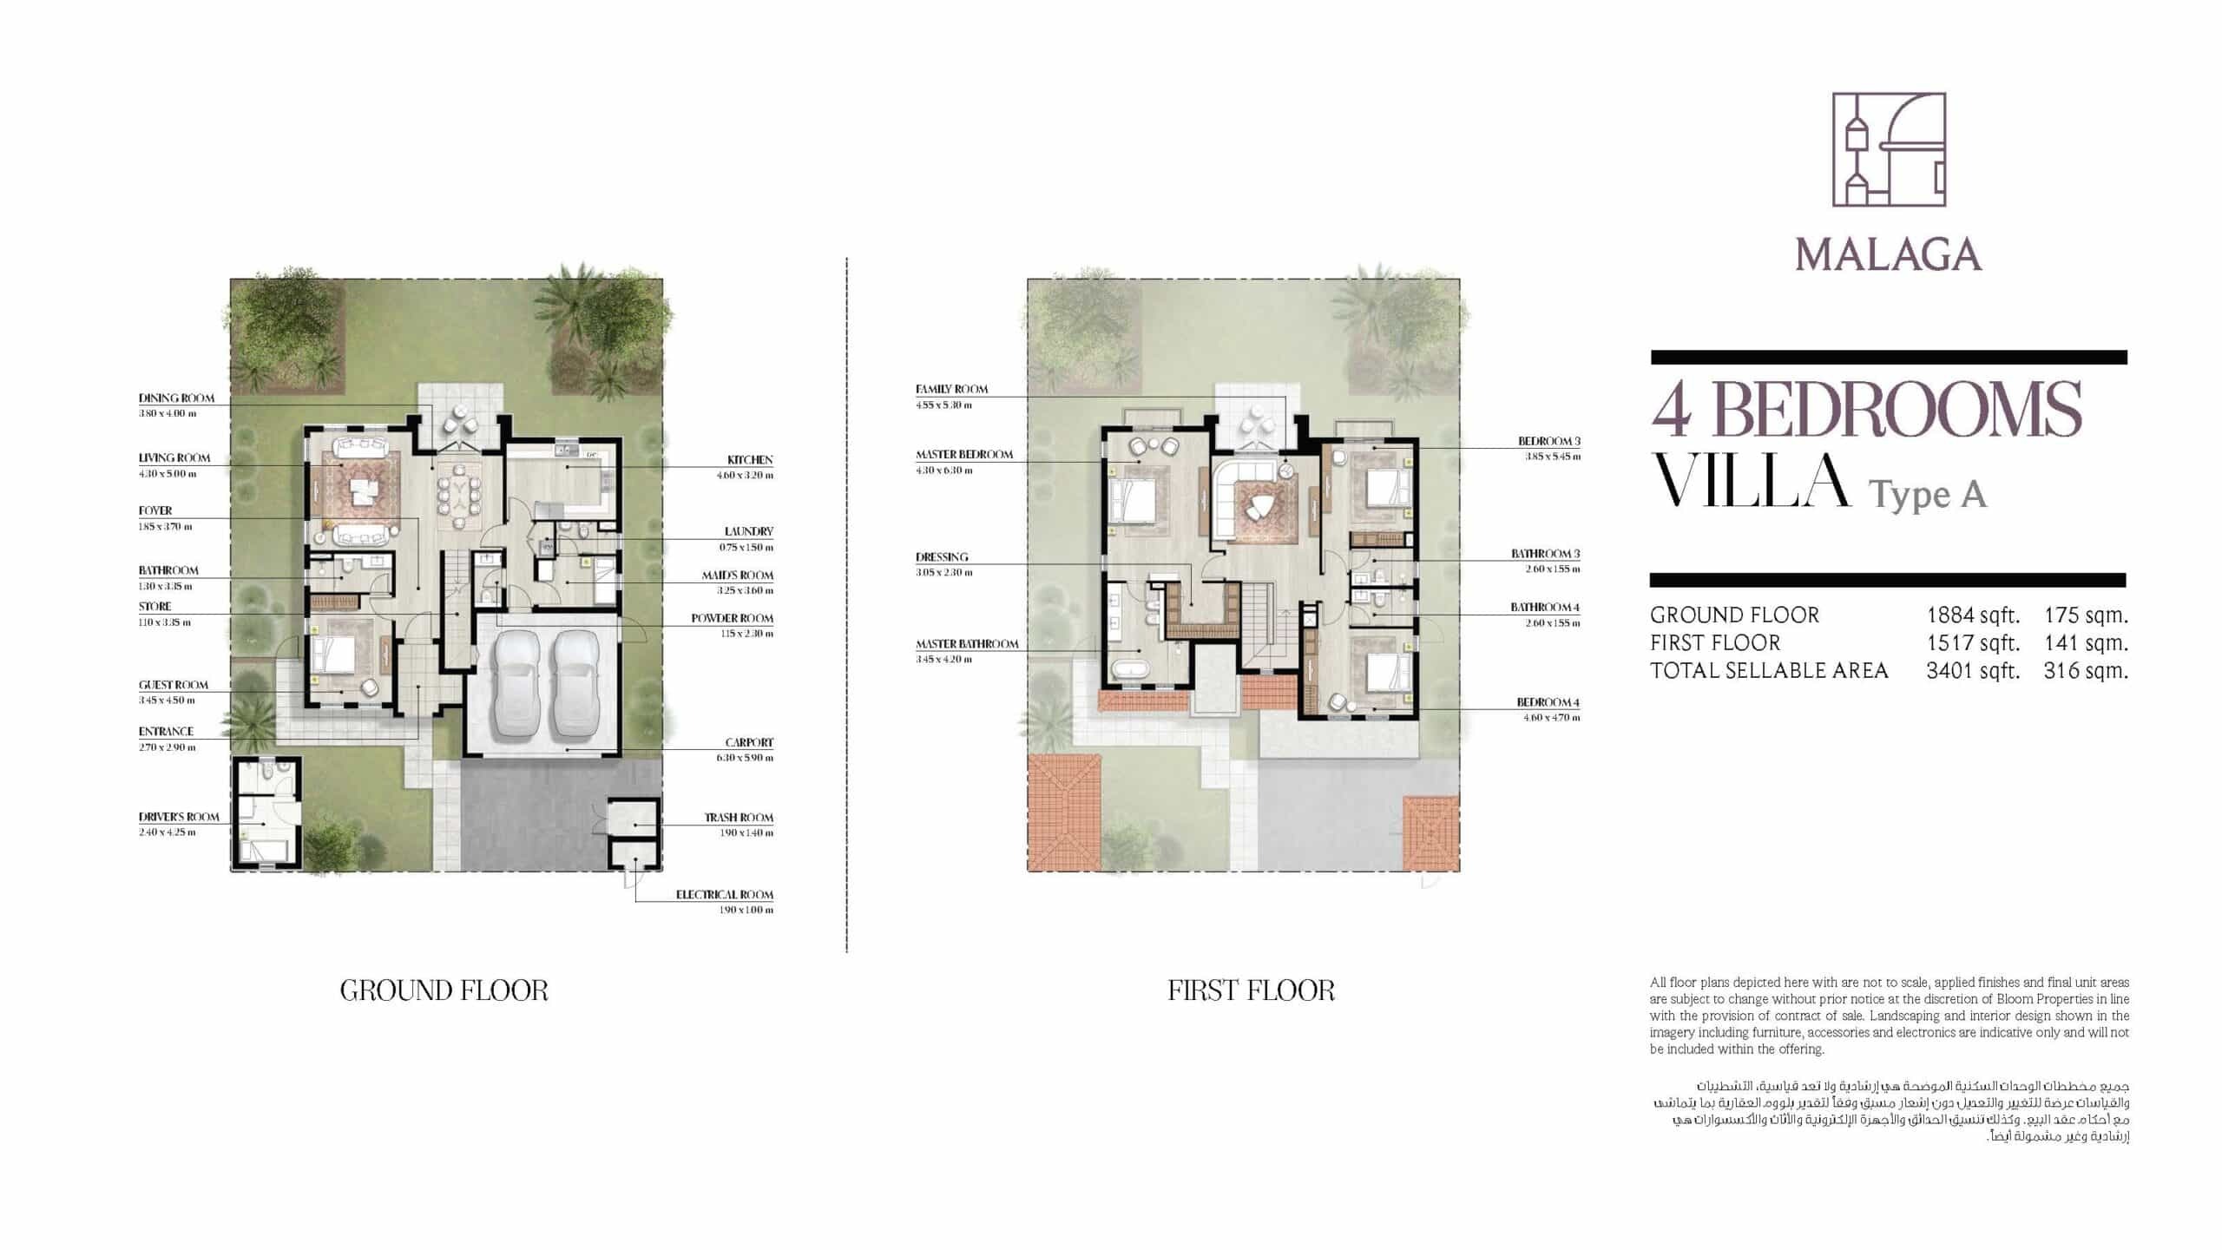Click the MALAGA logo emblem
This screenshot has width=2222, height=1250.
1889,161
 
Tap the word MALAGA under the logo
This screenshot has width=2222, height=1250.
1889,255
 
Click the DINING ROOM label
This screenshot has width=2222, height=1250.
176,398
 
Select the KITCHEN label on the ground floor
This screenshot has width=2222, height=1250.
750,460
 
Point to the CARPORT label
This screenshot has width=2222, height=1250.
749,743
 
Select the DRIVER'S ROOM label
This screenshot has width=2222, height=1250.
179,818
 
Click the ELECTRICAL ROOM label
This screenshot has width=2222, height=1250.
725,895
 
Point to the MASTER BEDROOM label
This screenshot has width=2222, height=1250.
964,455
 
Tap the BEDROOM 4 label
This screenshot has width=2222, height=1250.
1548,702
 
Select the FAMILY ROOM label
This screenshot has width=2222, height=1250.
951,390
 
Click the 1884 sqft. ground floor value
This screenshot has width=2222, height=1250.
1973,615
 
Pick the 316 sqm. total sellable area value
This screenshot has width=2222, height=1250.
2086,671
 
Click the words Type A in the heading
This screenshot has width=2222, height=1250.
1927,495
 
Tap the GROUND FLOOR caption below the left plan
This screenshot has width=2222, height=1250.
444,990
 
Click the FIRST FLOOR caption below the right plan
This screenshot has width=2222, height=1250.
1251,990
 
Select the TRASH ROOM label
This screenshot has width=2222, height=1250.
739,818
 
